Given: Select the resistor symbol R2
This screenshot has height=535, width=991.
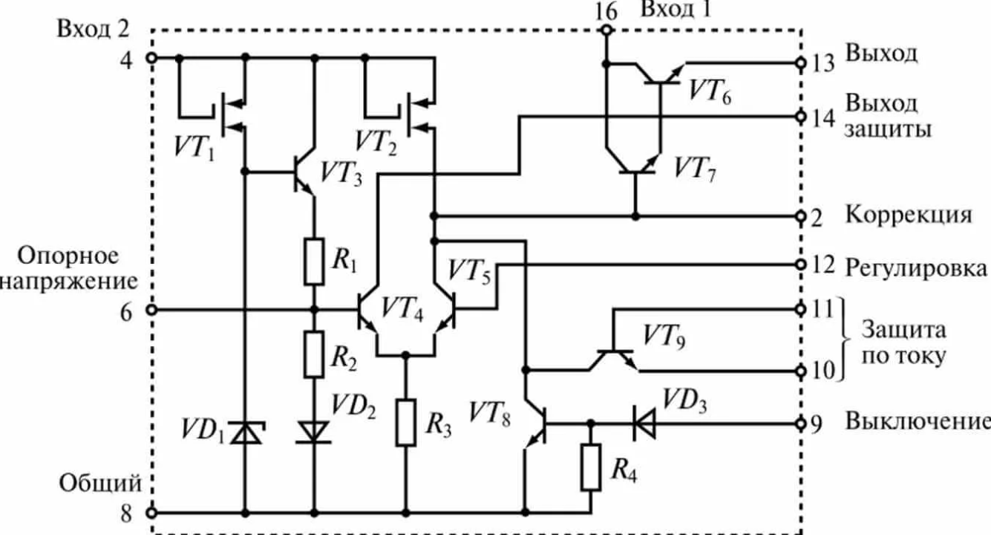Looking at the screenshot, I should [314, 354].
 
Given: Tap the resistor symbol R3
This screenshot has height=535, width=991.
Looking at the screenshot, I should [405, 422].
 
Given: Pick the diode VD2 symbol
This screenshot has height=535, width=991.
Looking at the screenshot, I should [313, 431].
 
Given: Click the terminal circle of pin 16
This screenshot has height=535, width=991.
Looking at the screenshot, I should [606, 30].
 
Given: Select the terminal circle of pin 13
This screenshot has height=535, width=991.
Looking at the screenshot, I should [801, 63].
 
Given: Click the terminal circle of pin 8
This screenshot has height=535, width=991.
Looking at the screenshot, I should [151, 513].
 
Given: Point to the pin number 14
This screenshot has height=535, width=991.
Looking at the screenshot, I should [822, 118].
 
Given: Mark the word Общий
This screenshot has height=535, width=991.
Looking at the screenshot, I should [101, 484].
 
